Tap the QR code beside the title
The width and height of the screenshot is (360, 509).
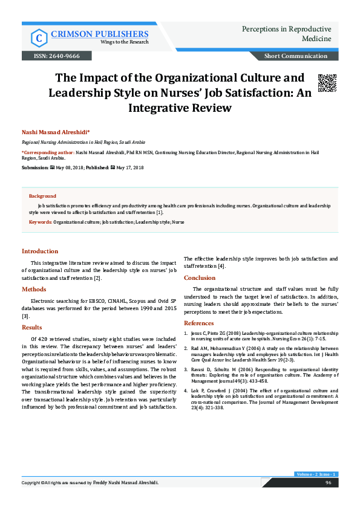(x=327, y=83)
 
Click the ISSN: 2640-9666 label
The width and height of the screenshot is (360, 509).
(x=51, y=56)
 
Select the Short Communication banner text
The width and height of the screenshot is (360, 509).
(x=296, y=56)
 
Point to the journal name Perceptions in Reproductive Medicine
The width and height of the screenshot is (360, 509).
(x=286, y=34)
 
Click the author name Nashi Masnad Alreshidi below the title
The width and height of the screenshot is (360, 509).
(x=55, y=131)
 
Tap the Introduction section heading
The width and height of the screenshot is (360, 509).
(x=40, y=251)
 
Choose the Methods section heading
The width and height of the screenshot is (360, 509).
(x=34, y=289)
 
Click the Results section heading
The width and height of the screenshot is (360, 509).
(x=32, y=327)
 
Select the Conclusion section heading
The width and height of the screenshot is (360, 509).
(x=200, y=278)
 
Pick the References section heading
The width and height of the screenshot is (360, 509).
(x=200, y=323)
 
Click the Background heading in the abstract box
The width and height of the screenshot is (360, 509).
(x=42, y=196)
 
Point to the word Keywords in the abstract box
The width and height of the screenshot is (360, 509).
(x=41, y=222)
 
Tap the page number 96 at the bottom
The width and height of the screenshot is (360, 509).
(x=329, y=500)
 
